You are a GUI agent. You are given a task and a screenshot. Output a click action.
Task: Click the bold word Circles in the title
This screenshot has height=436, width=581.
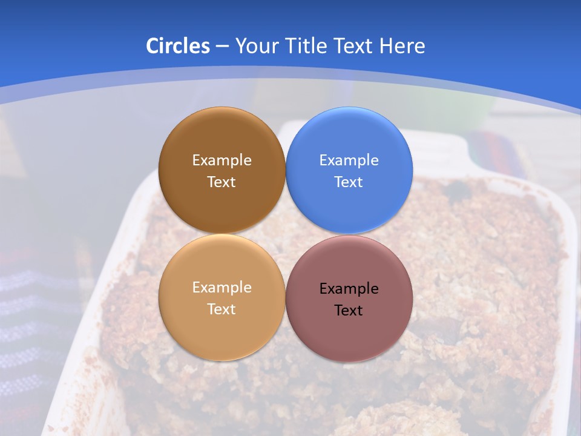(x=177, y=46)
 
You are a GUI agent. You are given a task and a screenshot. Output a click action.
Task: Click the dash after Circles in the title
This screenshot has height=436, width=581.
(x=222, y=47)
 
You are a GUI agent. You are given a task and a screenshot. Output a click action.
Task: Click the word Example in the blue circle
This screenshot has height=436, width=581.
(x=349, y=160)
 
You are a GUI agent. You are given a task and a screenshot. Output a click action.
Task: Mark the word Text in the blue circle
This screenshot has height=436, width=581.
(x=349, y=182)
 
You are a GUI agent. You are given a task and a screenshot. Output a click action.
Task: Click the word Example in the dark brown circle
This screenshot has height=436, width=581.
(x=222, y=160)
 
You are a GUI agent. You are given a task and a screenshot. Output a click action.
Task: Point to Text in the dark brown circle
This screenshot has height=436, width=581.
(x=222, y=182)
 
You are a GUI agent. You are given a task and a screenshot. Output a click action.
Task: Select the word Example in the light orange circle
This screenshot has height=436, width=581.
(x=222, y=288)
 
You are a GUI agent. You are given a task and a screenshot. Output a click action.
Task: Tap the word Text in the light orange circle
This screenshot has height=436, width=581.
(x=222, y=309)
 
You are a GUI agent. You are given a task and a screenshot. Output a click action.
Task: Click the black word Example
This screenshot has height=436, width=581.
(x=349, y=289)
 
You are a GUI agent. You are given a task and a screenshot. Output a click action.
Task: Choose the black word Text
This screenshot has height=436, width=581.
(x=349, y=311)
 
